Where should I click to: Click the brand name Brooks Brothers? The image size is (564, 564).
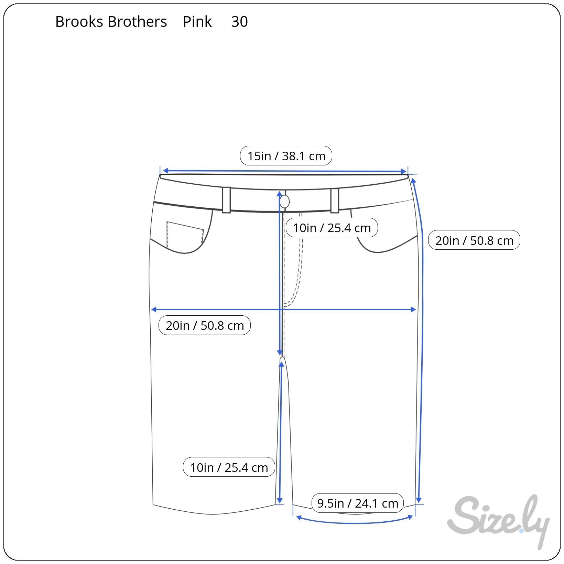point(111,22)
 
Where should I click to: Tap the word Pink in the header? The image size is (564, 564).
point(197,22)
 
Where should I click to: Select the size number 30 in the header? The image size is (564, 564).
point(239,22)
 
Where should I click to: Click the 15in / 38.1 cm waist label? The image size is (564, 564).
point(286,156)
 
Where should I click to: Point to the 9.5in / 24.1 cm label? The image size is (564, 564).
point(358,503)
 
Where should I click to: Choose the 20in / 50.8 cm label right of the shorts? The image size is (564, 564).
point(474,240)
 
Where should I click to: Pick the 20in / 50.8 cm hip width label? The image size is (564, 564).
point(205,325)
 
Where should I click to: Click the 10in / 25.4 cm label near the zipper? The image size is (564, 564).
point(332,228)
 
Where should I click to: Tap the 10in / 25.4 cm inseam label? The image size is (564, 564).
point(229,467)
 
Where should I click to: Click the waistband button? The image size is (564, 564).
point(284,202)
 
